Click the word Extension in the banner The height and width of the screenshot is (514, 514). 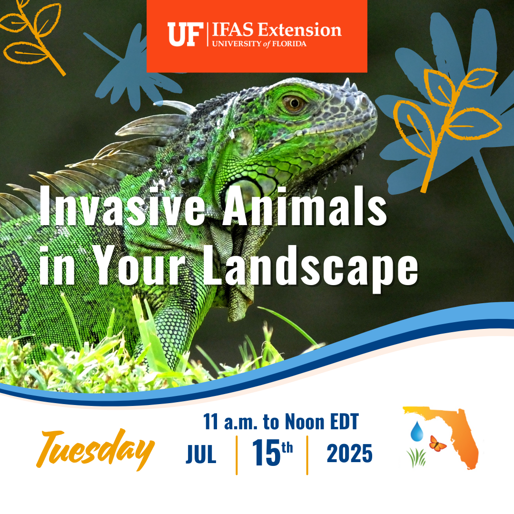pyautogui.click(x=300, y=30)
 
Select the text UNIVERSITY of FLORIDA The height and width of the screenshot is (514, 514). pyautogui.click(x=259, y=44)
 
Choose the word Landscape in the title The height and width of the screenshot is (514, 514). pyautogui.click(x=310, y=266)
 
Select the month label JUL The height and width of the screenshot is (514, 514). pyautogui.click(x=201, y=455)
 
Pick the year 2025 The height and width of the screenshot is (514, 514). pyautogui.click(x=349, y=454)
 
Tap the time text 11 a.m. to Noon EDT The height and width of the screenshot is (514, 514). pyautogui.click(x=281, y=422)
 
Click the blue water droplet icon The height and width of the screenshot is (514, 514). pyautogui.click(x=416, y=431)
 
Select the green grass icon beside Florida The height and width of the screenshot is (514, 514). pyautogui.click(x=416, y=458)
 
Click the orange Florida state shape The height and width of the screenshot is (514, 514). pyautogui.click(x=459, y=433)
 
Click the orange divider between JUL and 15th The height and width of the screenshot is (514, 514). pyautogui.click(x=237, y=455)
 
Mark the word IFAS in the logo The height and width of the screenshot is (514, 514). pyautogui.click(x=233, y=30)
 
